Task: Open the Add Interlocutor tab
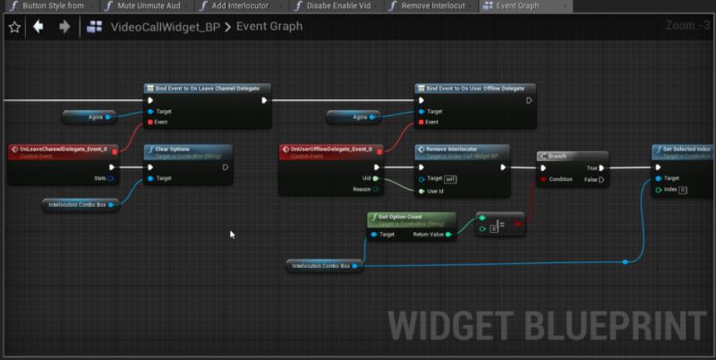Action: pos(240,6)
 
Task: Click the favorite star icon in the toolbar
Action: pos(13,27)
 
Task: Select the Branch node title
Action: pos(557,156)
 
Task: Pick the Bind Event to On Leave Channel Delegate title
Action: pos(208,89)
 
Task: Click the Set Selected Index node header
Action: pos(686,149)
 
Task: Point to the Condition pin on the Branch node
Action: pos(543,178)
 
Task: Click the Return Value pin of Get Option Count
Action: pos(448,235)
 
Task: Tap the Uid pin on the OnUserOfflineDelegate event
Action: pos(376,178)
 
